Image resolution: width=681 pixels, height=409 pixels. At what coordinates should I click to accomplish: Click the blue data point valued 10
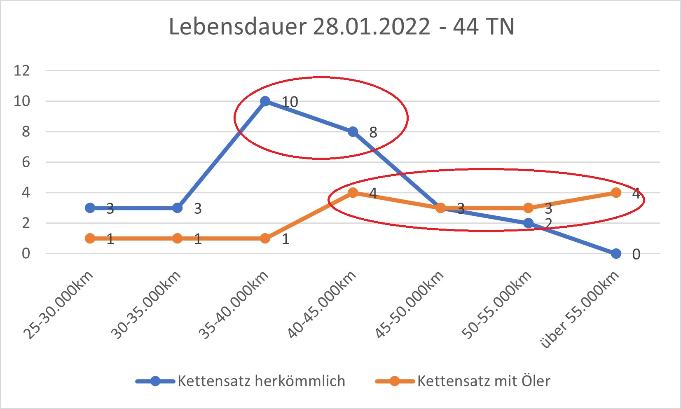tap(265, 101)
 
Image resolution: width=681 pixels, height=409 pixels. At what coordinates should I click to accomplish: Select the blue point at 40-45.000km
tap(353, 132)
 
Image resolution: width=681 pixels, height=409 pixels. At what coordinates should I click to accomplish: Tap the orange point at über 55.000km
tap(616, 193)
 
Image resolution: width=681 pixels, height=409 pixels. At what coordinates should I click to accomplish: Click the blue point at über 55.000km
tap(616, 254)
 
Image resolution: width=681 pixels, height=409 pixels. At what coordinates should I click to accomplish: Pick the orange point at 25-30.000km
tap(90, 238)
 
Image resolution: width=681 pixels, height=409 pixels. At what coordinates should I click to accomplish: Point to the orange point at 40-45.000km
tap(353, 193)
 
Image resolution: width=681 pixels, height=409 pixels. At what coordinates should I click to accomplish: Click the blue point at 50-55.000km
tap(529, 223)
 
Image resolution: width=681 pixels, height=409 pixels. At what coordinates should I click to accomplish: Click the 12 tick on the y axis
tap(22, 70)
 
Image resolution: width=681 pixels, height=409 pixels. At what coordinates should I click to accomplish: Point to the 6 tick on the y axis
tap(26, 162)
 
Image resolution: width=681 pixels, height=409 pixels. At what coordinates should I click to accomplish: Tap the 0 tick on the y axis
tap(26, 253)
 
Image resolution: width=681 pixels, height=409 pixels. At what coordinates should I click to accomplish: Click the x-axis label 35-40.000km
tap(234, 305)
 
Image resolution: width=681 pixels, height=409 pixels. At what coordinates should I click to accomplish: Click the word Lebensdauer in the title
tap(238, 27)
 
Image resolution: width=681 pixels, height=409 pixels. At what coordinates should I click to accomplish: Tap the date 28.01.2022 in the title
tap(372, 27)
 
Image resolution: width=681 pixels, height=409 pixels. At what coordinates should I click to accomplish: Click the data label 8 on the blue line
tap(373, 133)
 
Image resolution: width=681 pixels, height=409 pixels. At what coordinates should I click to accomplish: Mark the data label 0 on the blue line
tap(636, 255)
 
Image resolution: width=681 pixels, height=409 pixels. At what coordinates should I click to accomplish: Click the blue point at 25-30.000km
tap(90, 208)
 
